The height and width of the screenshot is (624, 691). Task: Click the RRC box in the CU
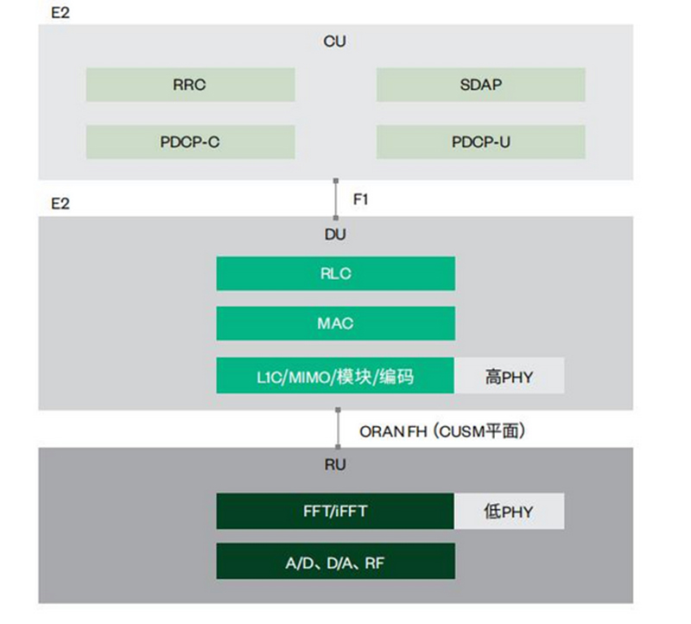[x=190, y=86]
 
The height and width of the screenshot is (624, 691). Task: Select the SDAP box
[x=480, y=86]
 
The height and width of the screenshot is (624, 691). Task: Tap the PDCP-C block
[x=190, y=142]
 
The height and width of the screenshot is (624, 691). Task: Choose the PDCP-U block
[x=480, y=142]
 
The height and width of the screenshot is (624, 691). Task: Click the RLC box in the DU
[x=335, y=273]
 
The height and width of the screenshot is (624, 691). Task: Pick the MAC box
[x=335, y=324]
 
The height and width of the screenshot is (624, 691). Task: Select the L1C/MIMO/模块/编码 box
[x=335, y=376]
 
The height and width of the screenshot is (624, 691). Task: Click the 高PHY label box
[x=510, y=376]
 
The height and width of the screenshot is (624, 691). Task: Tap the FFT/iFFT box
[x=335, y=511]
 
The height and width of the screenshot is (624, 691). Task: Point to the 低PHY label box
[x=510, y=511]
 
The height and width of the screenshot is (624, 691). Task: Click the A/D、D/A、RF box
[x=335, y=562]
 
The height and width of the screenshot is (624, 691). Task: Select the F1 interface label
[x=361, y=199]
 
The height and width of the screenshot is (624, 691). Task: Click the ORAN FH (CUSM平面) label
[x=441, y=430]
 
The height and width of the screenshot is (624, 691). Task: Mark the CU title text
[x=335, y=41]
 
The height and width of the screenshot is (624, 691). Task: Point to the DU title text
[x=335, y=233]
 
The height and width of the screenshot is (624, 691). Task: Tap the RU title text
[x=335, y=465]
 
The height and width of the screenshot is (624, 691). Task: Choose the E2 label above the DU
[x=61, y=204]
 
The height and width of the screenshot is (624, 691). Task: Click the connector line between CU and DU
[x=337, y=199]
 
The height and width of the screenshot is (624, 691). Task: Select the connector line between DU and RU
[x=337, y=430]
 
